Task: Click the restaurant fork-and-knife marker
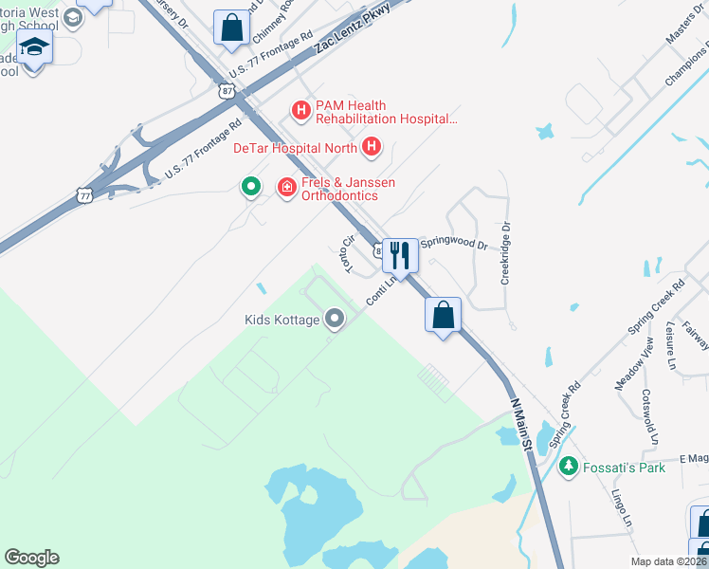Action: click(400, 256)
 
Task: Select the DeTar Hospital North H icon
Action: click(372, 147)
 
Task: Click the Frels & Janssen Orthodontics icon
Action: click(286, 189)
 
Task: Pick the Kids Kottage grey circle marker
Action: click(334, 319)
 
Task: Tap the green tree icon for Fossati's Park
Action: click(568, 466)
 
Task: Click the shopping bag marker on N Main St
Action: click(443, 315)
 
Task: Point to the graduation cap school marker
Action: click(34, 47)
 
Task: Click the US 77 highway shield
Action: click(84, 195)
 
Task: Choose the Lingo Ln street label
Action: click(621, 507)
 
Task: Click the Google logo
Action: click(31, 558)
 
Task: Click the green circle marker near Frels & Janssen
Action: click(250, 187)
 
